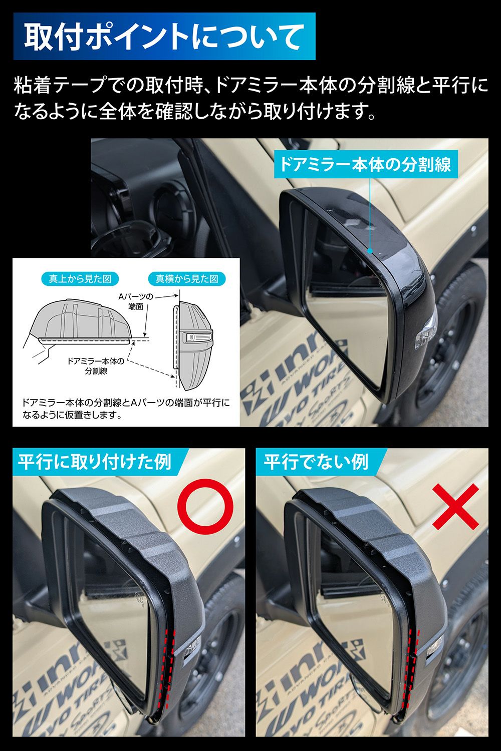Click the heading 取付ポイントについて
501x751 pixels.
coord(164,36)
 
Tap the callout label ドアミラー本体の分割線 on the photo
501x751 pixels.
coord(365,164)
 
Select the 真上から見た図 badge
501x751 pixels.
coord(80,279)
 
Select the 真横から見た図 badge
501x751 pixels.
coord(187,279)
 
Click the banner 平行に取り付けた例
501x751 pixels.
coord(95,462)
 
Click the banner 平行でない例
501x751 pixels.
coord(316,462)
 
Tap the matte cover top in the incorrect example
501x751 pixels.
coord(361,521)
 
